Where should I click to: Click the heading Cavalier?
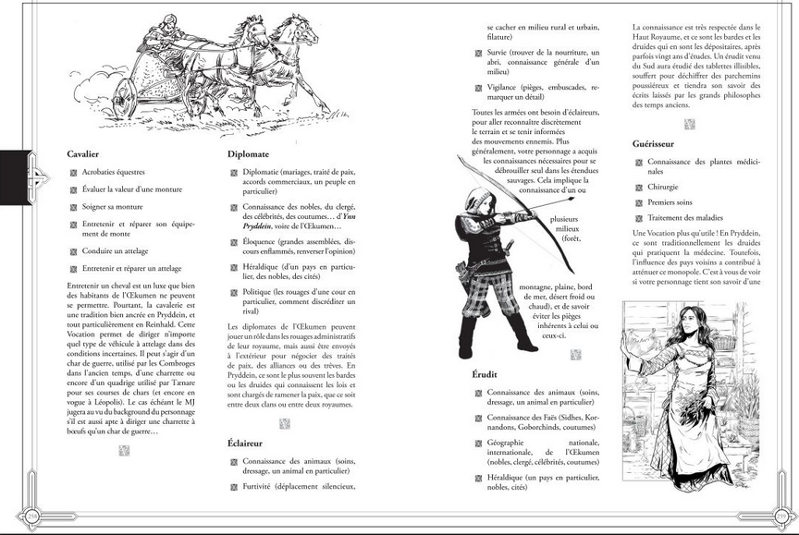83,153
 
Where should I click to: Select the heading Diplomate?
248,153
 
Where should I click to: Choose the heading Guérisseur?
658,144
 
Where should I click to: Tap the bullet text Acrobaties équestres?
114,172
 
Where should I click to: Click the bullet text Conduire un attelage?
115,250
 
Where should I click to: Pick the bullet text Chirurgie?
663,186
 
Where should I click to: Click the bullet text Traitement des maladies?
684,216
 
